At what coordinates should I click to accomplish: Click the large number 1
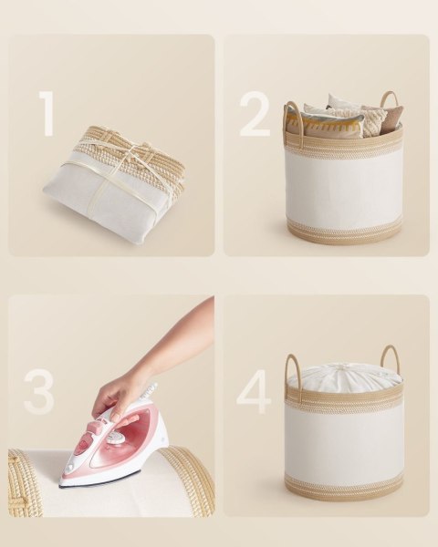[47, 114]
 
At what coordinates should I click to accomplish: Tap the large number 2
[255, 114]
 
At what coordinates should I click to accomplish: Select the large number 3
[39, 393]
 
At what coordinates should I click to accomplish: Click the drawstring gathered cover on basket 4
[344, 377]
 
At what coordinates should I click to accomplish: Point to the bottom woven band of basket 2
[344, 232]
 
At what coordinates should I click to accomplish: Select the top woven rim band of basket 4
[344, 397]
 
